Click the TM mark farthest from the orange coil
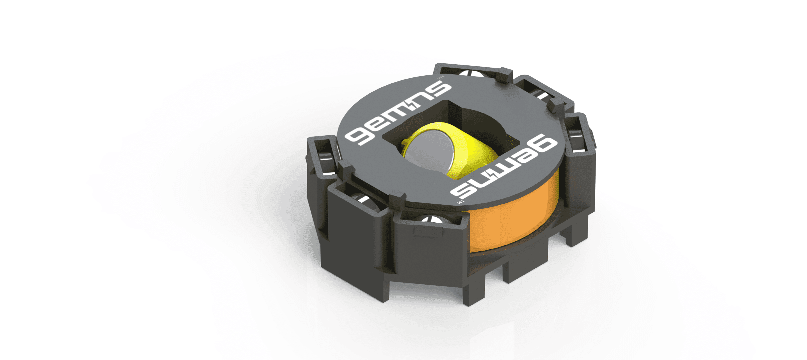pos(441,78)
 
